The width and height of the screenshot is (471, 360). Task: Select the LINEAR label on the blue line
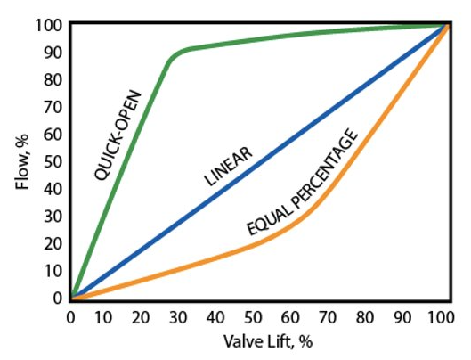pos(229,166)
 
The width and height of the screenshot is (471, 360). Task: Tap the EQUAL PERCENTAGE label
pos(303,184)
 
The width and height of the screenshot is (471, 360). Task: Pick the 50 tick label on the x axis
pos(258,316)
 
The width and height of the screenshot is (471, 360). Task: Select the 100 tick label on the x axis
pos(443,316)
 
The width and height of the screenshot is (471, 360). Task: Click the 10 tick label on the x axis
pos(109,316)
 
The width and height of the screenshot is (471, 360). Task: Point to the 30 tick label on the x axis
pos(183,316)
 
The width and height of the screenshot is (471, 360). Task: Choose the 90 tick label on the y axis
pos(56,52)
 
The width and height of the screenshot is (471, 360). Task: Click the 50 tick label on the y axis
pos(56,161)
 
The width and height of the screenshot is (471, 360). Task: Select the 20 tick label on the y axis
pos(56,243)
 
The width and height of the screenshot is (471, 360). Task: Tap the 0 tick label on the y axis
pos(60,298)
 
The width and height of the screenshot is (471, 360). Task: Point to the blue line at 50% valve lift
pos(258,161)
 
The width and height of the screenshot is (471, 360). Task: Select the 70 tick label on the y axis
pos(56,106)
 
